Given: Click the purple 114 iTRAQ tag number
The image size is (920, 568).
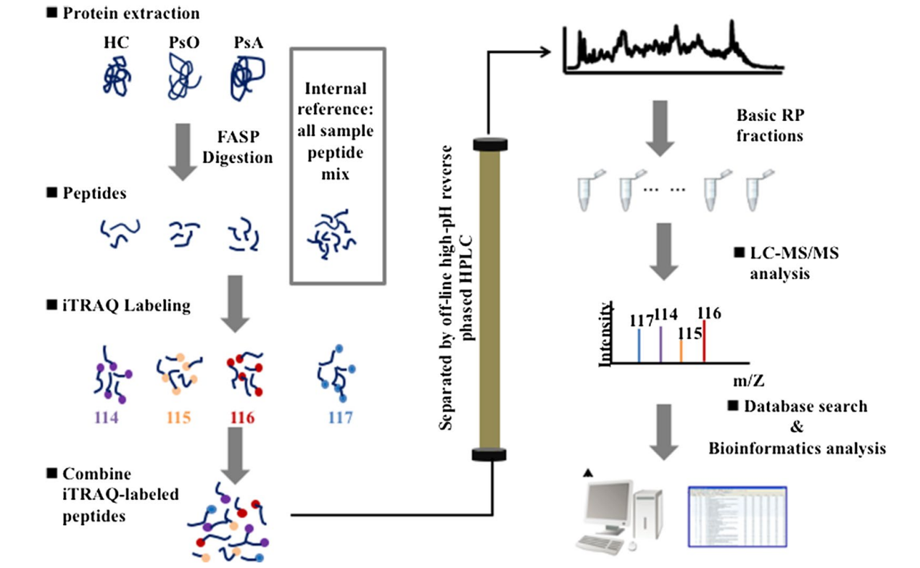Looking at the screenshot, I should click(x=107, y=417).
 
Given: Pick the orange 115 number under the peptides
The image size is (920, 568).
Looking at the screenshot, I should click(x=178, y=417).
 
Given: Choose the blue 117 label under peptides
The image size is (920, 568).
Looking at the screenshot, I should click(x=339, y=417).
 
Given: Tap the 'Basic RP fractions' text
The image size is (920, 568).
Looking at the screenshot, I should click(x=769, y=125).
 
